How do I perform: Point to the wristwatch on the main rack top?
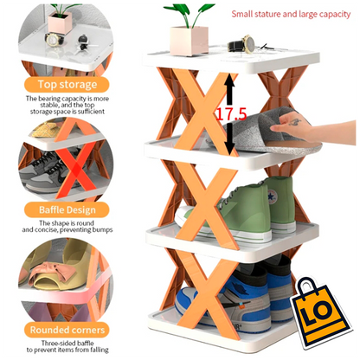coord(247,43)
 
